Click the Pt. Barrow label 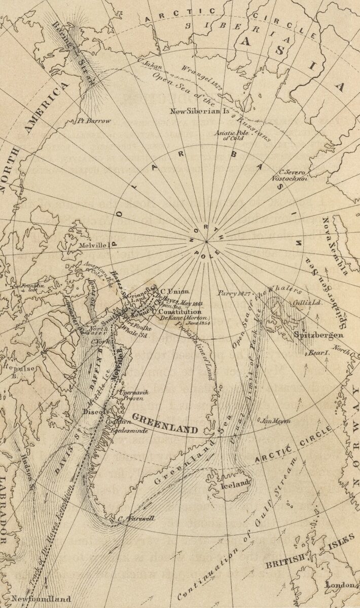(x=93, y=121)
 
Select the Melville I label (x=95, y=245)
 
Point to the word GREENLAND (x=165, y=423)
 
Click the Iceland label (x=236, y=483)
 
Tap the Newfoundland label (x=41, y=598)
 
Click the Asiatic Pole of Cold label (x=229, y=135)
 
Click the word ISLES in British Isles (x=341, y=544)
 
